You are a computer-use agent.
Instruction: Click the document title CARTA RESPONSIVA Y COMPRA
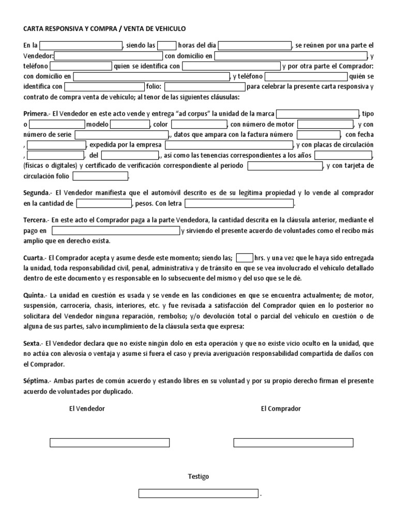click(x=104, y=29)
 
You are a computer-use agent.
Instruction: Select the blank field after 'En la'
click(x=81, y=45)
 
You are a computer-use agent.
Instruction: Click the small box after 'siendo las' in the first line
click(x=166, y=45)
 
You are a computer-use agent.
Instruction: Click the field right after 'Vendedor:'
click(x=108, y=56)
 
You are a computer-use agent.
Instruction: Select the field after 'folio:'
click(x=204, y=87)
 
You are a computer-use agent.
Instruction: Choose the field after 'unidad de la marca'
click(x=317, y=114)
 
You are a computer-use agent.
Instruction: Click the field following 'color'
click(x=198, y=125)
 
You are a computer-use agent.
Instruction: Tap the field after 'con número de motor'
click(x=325, y=125)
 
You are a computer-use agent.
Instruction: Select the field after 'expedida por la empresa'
click(x=229, y=145)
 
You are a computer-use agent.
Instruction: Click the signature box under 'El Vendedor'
click(x=110, y=443)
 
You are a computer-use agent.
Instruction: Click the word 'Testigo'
click(x=198, y=476)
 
